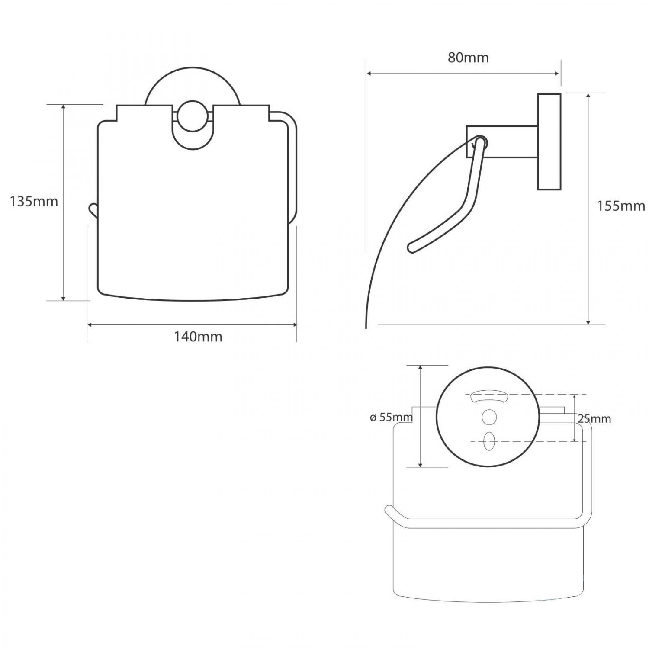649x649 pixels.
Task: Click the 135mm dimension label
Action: tap(34, 201)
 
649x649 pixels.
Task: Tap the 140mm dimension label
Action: tap(198, 337)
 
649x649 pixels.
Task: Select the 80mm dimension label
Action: tap(468, 58)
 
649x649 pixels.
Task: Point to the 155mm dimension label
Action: tap(621, 206)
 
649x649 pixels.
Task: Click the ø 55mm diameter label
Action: tap(391, 418)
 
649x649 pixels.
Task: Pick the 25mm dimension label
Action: tap(594, 419)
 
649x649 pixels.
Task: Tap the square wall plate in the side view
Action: tap(549, 141)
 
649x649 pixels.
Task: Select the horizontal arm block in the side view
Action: tap(502, 141)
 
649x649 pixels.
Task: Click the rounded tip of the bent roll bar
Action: tap(411, 248)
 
